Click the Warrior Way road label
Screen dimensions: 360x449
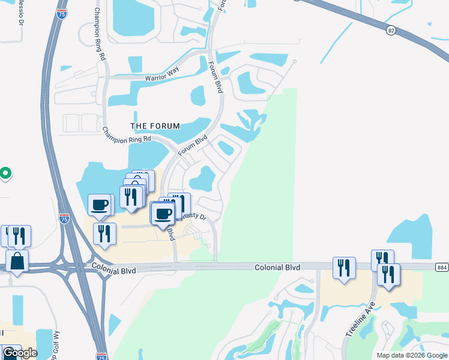coord(162,78)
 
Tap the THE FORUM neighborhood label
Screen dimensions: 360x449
coord(155,126)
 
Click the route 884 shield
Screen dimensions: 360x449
coord(441,266)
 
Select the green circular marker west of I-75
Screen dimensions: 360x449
coord(5,174)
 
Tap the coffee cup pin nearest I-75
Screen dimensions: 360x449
coord(100,205)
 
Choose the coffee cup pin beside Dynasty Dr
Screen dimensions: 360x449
coord(162,213)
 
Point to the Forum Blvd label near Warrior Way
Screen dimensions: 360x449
coord(215,76)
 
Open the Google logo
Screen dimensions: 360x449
coord(20,353)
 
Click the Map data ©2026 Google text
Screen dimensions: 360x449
coord(411,355)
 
